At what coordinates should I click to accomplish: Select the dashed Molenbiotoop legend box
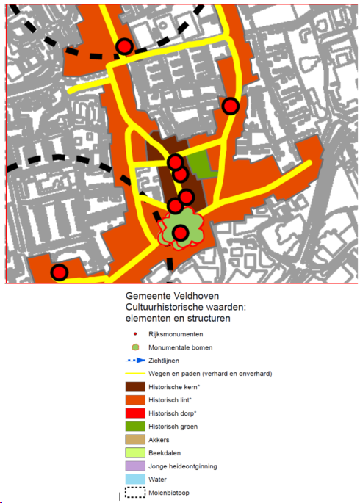click(x=134, y=492)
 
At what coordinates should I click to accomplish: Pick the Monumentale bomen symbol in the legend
click(x=134, y=347)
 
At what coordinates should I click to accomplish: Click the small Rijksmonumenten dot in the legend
click(x=134, y=333)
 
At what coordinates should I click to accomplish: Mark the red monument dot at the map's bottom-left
click(x=60, y=272)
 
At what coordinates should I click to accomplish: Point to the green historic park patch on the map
click(x=199, y=164)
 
